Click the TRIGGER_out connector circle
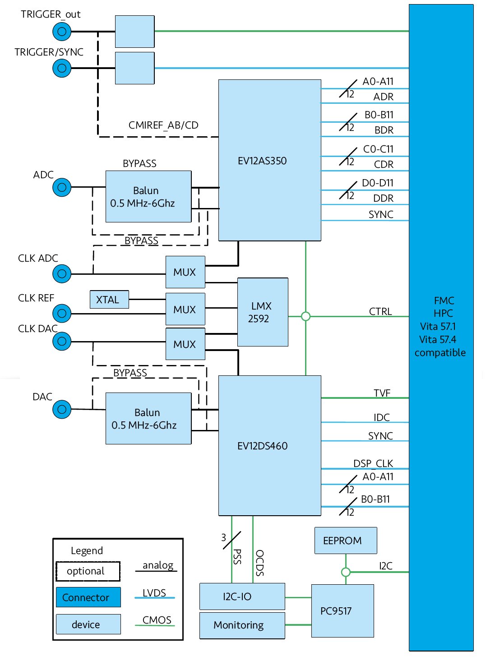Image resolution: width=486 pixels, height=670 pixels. click(62, 32)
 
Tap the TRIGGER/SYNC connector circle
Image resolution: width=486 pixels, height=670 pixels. click(62, 68)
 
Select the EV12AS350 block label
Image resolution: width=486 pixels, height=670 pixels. click(262, 161)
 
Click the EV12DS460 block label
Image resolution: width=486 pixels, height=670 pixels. click(262, 446)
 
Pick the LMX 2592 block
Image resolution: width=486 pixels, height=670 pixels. click(262, 312)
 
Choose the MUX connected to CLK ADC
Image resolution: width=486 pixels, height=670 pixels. click(185, 272)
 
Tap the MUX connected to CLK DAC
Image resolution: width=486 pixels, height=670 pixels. click(185, 344)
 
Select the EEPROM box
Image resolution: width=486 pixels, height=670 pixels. click(345, 541)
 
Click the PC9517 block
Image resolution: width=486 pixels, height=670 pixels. click(342, 611)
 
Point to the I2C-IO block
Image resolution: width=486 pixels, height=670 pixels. click(242, 596)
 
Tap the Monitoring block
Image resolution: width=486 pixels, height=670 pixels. click(242, 625)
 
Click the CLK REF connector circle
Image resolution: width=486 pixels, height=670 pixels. click(62, 313)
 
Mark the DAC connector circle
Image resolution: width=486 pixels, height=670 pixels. click(62, 409)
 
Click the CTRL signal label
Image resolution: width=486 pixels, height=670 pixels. click(380, 311)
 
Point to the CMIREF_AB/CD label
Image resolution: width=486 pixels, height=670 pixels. click(163, 125)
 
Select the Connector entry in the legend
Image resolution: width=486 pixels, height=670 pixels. click(88, 597)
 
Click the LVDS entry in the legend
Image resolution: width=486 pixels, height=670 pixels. click(154, 593)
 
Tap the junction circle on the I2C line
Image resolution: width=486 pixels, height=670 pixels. click(346, 572)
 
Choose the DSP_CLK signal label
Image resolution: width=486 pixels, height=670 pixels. click(373, 463)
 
